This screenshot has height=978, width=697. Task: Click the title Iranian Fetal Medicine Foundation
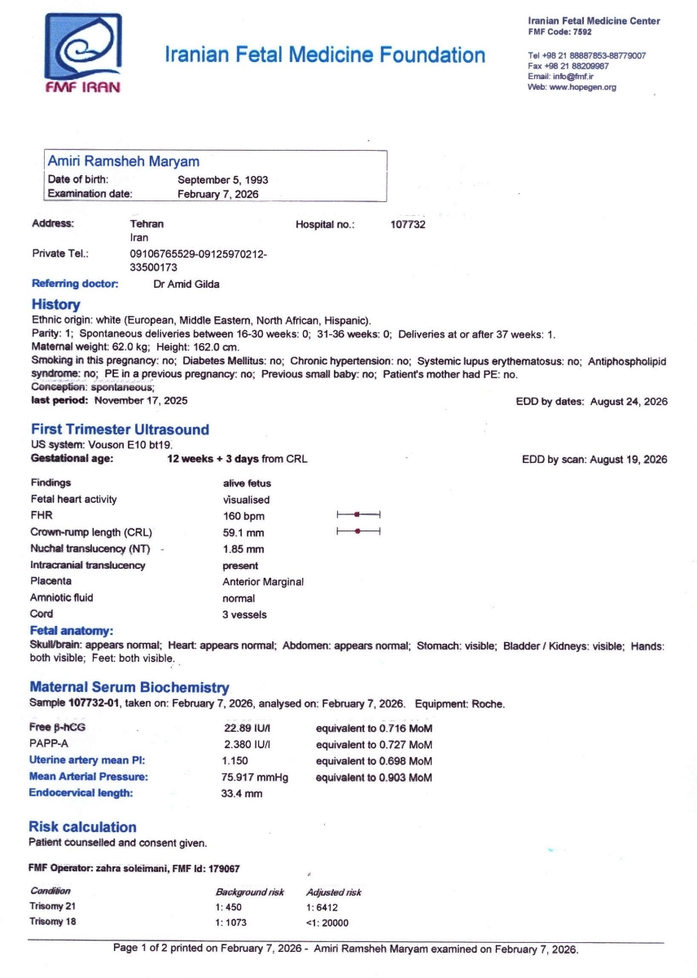click(324, 55)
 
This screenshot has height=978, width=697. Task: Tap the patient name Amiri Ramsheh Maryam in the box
click(123, 161)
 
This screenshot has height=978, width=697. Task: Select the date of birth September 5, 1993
click(223, 179)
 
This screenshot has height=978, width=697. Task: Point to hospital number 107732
click(408, 224)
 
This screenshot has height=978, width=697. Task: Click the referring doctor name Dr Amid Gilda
click(186, 284)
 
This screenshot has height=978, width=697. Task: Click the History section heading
click(55, 305)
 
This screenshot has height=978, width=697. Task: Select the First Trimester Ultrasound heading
click(120, 430)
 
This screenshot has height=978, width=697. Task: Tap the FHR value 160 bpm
click(243, 516)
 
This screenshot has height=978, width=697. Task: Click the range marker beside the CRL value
click(358, 531)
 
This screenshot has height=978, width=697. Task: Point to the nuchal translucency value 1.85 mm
click(243, 549)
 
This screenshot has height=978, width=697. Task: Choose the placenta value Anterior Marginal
click(263, 582)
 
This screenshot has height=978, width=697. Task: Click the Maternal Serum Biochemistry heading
click(129, 688)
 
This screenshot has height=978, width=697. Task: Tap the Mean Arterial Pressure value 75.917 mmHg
click(255, 778)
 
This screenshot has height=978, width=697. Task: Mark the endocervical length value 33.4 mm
click(243, 793)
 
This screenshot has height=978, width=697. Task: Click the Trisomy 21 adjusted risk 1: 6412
click(322, 907)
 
